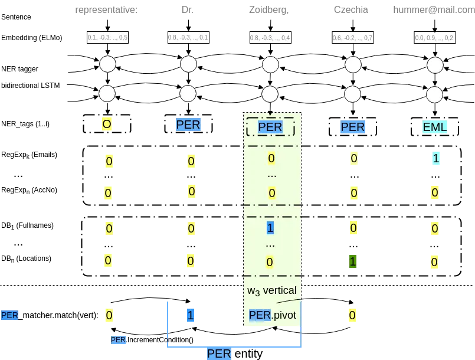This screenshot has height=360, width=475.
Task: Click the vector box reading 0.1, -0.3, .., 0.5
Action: (x=107, y=37)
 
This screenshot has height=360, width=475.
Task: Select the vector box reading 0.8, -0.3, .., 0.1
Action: (x=188, y=37)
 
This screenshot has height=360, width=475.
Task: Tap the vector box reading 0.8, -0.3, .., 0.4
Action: (x=270, y=38)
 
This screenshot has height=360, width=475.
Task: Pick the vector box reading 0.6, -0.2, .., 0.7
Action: (x=352, y=38)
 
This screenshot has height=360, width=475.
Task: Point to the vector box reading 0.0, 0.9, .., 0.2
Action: (x=434, y=38)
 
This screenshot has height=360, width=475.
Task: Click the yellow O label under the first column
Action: (x=107, y=125)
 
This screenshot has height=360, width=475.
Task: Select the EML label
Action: (x=435, y=127)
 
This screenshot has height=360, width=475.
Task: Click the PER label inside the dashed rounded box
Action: (x=270, y=127)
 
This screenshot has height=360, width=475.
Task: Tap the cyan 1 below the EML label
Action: (x=435, y=158)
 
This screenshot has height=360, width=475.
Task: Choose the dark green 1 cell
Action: (x=353, y=261)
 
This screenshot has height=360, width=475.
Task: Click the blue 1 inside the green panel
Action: (x=270, y=227)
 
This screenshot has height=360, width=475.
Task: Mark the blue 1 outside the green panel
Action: (x=190, y=315)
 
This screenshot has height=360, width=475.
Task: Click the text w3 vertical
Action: (x=272, y=290)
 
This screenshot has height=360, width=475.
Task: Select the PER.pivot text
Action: (x=272, y=315)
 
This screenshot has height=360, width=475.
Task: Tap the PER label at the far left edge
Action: (x=9, y=315)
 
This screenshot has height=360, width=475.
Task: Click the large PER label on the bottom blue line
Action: (x=219, y=354)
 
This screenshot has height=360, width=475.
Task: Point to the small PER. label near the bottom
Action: (x=118, y=340)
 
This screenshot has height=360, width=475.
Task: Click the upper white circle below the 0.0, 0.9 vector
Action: (x=434, y=64)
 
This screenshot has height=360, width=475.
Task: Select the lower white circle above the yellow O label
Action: (x=107, y=93)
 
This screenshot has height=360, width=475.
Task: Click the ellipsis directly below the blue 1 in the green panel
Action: (x=270, y=244)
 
